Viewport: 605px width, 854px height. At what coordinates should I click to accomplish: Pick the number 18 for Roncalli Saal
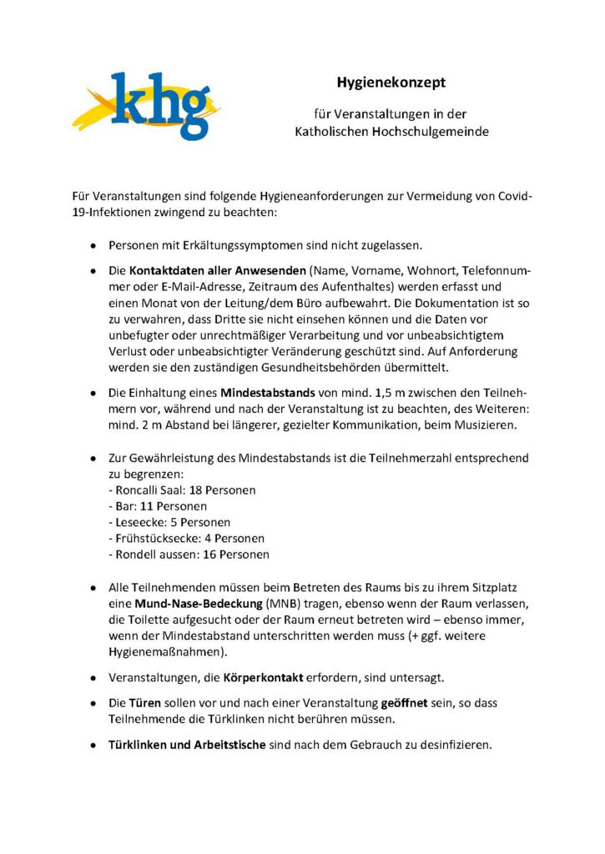(198, 490)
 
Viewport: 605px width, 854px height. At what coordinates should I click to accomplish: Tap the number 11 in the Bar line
(145, 506)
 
